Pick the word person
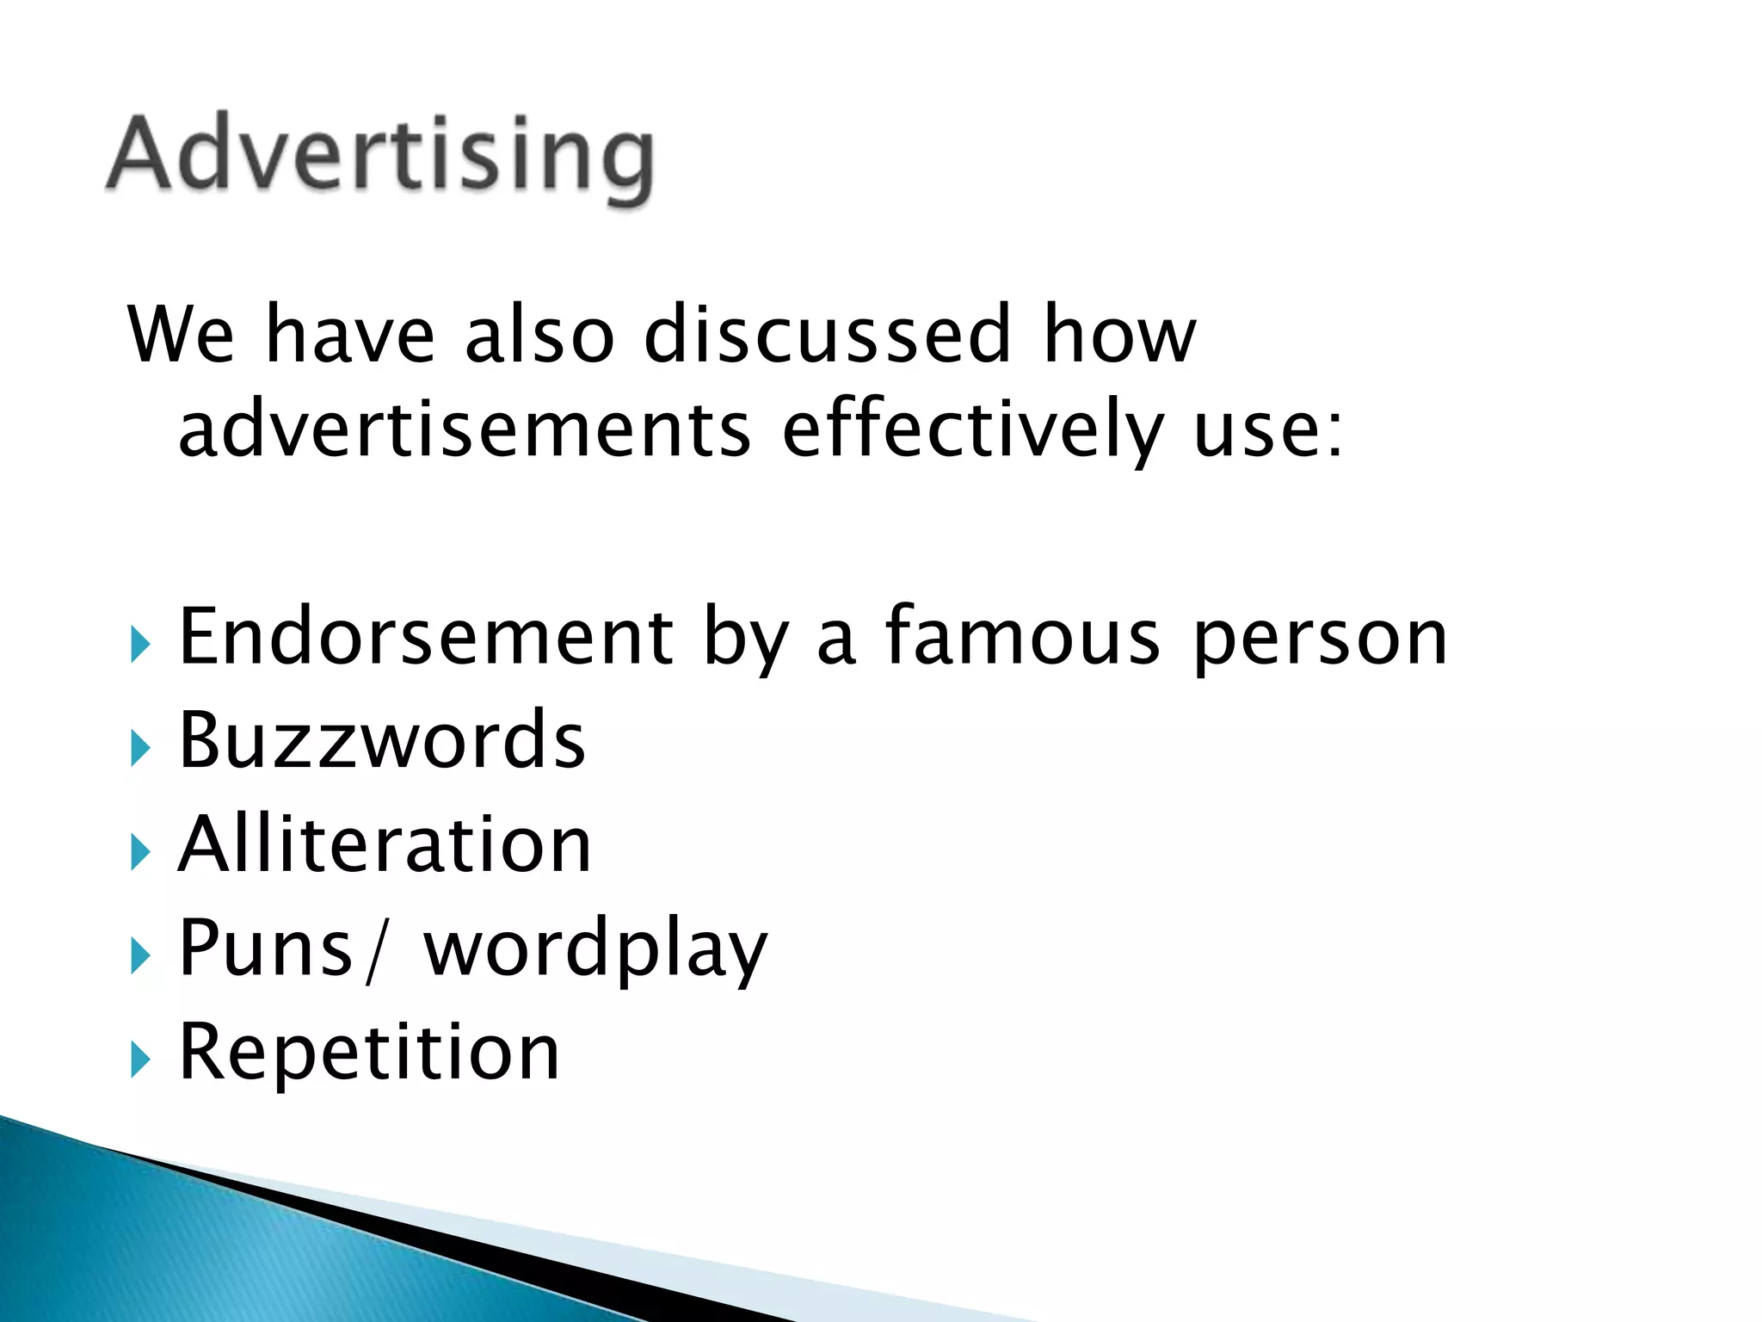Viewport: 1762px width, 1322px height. [1321, 639]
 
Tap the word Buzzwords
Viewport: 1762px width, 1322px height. [382, 740]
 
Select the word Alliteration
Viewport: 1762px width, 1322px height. [385, 844]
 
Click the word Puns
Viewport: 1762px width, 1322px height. [265, 948]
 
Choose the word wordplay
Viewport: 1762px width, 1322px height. [595, 950]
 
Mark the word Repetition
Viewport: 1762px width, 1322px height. [369, 1053]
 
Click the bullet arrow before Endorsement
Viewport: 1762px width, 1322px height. [140, 645]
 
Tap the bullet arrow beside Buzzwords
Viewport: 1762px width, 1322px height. [140, 748]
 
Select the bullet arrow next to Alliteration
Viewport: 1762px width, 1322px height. [140, 852]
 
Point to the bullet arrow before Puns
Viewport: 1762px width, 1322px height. [140, 955]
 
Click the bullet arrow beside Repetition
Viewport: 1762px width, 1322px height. [140, 1059]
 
